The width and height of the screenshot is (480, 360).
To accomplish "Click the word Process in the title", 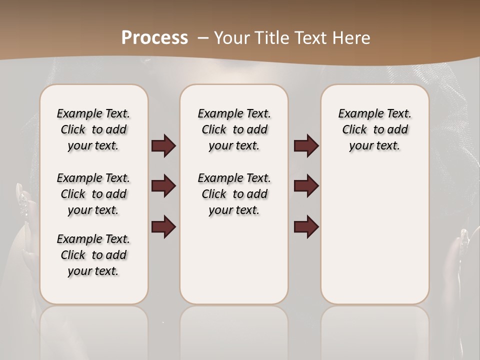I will tap(154, 38).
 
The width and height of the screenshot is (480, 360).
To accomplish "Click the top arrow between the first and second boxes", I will tap(163, 145).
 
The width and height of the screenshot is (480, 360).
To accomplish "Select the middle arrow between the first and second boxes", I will tap(163, 186).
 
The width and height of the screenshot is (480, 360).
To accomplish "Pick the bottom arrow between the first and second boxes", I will tap(163, 226).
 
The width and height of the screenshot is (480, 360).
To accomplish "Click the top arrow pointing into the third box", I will tap(306, 145).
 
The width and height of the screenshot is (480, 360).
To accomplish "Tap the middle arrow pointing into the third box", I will tap(306, 186).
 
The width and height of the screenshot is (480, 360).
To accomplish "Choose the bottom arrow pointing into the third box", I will tap(306, 226).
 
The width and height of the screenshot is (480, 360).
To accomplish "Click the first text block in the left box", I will tap(93, 129).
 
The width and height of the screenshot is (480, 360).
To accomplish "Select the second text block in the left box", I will tap(93, 194).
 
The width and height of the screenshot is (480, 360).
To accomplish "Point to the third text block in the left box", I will tap(93, 255).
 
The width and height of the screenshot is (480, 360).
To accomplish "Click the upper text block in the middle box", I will tap(234, 129).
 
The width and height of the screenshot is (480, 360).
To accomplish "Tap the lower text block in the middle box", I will tap(234, 194).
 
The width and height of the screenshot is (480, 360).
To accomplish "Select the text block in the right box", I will tap(374, 129).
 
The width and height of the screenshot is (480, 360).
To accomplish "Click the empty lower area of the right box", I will tap(374, 235).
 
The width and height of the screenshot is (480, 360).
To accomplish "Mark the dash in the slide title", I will tap(203, 38).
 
